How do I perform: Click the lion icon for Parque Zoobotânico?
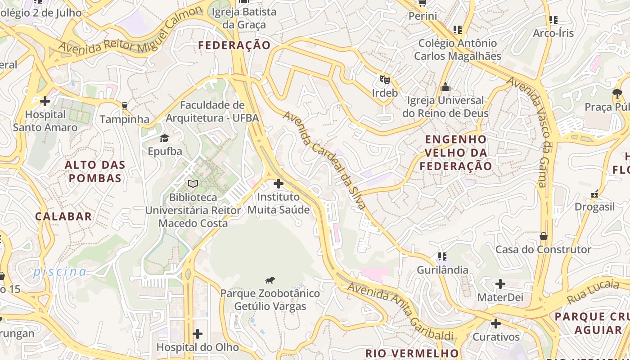pos(270,281)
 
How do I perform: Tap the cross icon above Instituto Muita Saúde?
pos(279,184)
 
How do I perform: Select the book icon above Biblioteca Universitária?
pos(193,184)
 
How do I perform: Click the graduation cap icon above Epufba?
pos(165,138)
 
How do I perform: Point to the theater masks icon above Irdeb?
pos(384,80)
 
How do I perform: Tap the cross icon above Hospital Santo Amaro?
pos(45,101)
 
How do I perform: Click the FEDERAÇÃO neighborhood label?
pos(234,45)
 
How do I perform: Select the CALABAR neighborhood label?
pos(63,216)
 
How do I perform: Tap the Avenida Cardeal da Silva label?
pos(324,160)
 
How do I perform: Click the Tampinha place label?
pos(124,119)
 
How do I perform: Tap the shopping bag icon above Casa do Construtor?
pos(544,236)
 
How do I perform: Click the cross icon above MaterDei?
pos(500,284)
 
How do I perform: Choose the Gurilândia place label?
pos(442,270)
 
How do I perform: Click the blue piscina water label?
pos(59,272)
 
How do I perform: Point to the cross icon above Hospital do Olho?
pos(197,334)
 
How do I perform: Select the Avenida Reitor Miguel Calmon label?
pos(130,31)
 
